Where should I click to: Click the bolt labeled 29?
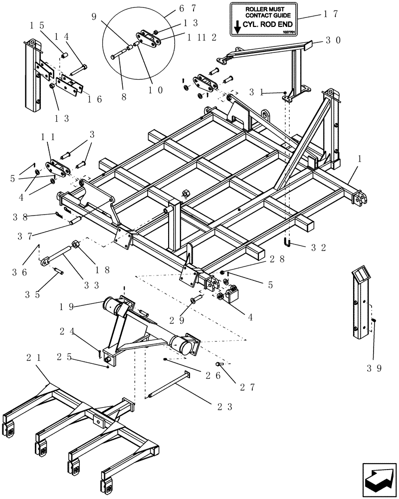coord(195,301)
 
